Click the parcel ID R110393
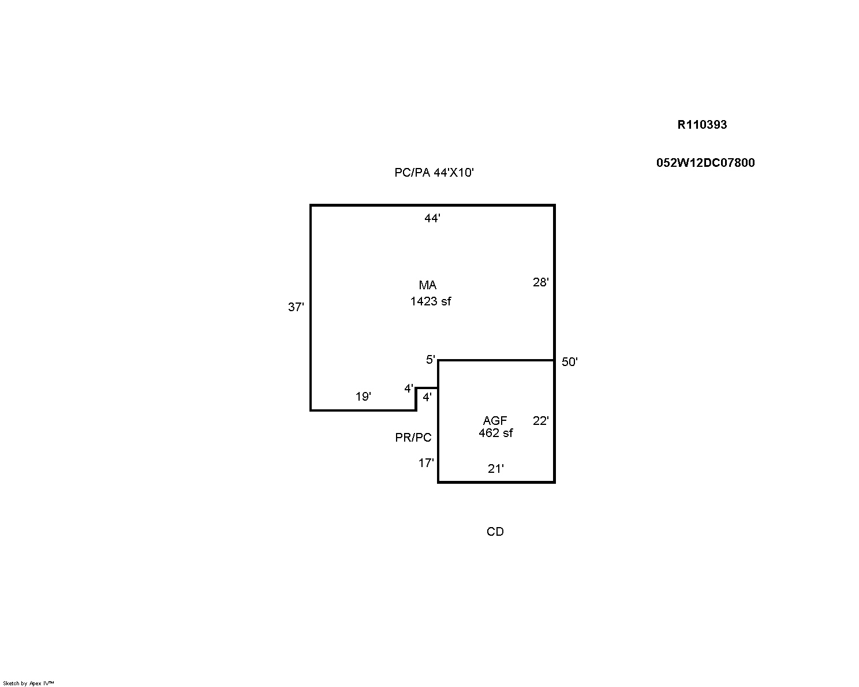(x=702, y=125)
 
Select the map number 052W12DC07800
(x=705, y=162)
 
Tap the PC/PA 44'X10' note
(x=434, y=173)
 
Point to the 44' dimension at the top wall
(x=432, y=218)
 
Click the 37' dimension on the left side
(x=296, y=307)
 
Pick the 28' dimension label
(x=540, y=282)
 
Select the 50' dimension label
(x=570, y=361)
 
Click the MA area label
(x=428, y=285)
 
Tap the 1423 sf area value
(x=431, y=301)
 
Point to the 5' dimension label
(x=430, y=360)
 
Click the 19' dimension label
(x=363, y=397)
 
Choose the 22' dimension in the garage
(x=540, y=420)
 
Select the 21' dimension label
(x=496, y=468)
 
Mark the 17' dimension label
(x=426, y=462)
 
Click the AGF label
(x=495, y=420)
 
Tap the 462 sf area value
(x=496, y=433)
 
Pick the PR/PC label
(x=413, y=438)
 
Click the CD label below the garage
(x=495, y=531)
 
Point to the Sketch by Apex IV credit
(x=28, y=684)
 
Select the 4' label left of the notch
(x=409, y=389)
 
